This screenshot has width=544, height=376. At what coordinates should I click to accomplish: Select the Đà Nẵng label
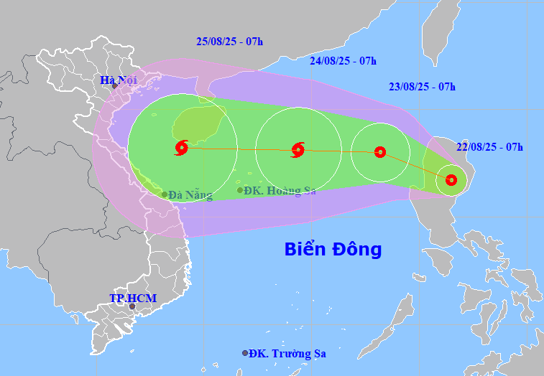coord(190,194)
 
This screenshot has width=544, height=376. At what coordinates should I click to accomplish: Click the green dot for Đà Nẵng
coord(165,194)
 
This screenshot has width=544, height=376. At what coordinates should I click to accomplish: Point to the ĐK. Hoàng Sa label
coord(280,190)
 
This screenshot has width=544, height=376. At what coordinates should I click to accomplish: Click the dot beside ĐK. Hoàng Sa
coord(240,190)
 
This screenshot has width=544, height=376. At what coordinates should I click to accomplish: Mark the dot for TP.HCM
coord(132,306)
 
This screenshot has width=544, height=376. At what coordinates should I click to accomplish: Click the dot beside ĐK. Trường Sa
coord(245,353)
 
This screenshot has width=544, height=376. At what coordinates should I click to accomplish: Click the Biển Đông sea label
coord(333,250)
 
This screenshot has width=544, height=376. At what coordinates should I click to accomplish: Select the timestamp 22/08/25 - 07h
coord(489,147)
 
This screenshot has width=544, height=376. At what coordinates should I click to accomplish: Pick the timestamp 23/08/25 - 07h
coord(422,87)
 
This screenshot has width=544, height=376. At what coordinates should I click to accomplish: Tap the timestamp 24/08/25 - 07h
coord(343,61)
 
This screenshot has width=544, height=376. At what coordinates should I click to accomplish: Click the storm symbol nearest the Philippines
coord(451,180)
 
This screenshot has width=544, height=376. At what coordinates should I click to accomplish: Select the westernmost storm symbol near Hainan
coord(180,148)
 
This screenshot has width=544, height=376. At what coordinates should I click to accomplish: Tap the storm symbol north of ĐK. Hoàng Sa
coord(298,150)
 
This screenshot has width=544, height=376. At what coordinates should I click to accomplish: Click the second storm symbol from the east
coord(380,152)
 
